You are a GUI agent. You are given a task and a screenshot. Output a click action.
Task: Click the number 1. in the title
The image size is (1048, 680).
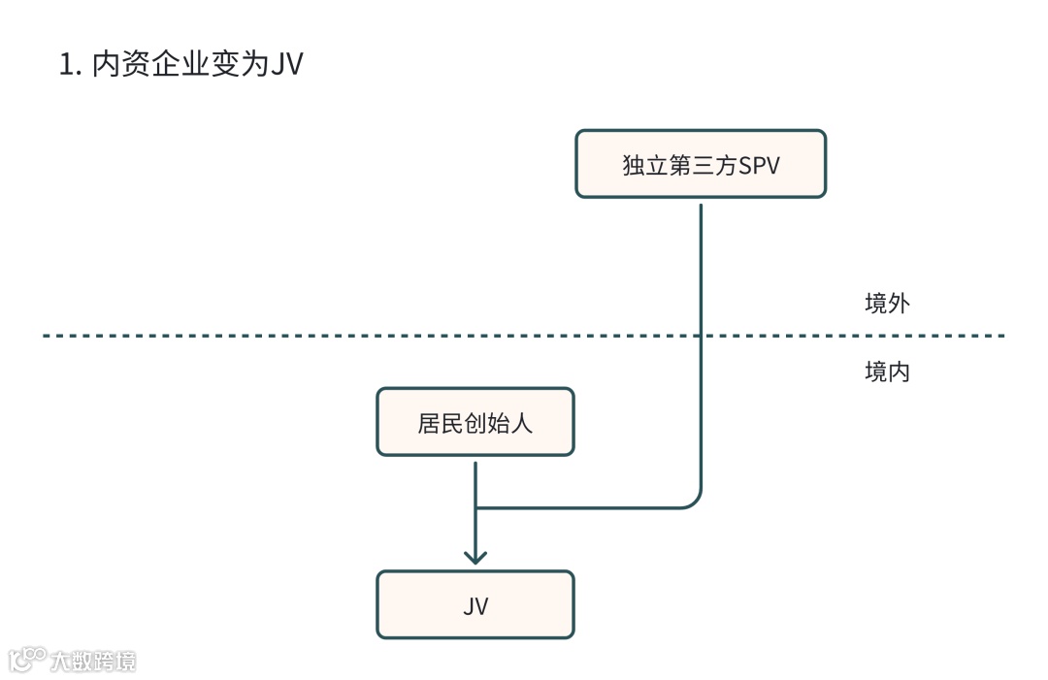(69, 65)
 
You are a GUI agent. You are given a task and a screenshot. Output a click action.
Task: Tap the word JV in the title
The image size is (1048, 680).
(285, 65)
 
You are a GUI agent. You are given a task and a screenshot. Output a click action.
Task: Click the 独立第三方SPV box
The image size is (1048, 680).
(700, 164)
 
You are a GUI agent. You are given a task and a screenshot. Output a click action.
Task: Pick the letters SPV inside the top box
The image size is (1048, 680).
(760, 165)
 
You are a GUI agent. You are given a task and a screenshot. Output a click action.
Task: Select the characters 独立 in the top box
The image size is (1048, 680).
(644, 165)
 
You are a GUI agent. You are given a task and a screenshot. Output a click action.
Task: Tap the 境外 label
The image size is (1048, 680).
(887, 303)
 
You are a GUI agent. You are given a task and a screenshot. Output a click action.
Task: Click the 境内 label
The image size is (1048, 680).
(887, 372)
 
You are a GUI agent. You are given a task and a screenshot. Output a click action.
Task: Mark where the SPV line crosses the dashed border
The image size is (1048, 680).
(700, 336)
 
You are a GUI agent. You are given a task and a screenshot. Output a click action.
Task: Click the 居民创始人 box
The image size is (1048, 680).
(475, 422)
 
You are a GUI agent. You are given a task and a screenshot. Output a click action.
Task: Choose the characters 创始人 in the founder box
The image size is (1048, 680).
(498, 423)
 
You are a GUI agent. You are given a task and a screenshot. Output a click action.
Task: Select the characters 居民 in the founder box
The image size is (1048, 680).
(440, 423)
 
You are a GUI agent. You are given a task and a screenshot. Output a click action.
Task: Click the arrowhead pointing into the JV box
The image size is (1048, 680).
(475, 557)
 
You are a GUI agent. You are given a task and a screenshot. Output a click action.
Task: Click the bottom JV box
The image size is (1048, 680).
(475, 604)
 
